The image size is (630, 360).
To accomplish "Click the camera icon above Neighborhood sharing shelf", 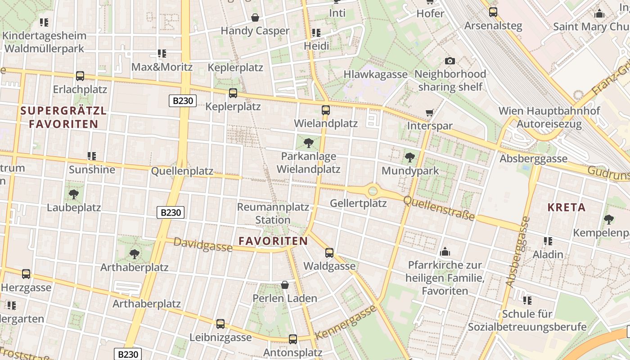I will click(450, 61).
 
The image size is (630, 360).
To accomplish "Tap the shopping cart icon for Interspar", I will click(430, 112).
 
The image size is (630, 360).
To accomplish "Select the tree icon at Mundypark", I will click(409, 157).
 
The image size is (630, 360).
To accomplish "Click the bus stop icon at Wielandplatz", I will click(326, 110).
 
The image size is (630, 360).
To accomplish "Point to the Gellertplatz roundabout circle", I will click(373, 191).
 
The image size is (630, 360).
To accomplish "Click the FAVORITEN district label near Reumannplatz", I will click(273, 241).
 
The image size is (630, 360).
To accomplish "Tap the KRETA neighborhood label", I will click(566, 207).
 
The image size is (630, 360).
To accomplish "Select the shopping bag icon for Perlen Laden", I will click(285, 285).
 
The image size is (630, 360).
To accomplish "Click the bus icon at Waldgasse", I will click(329, 253).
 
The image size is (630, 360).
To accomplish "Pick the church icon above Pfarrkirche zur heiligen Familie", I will click(445, 251).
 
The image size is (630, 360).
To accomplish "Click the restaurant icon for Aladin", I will click(548, 241).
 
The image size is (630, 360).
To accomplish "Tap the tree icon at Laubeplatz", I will click(74, 194).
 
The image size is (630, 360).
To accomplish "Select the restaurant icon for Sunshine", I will click(92, 156).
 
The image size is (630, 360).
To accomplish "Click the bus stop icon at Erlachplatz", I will click(80, 76).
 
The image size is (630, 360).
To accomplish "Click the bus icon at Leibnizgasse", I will click(220, 324).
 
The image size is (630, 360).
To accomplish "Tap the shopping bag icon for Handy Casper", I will click(255, 18).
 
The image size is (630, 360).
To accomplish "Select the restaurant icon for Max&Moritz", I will click(162, 54).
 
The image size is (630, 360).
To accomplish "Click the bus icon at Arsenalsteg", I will click(493, 12).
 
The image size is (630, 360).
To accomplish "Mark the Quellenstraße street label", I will click(439, 208).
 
